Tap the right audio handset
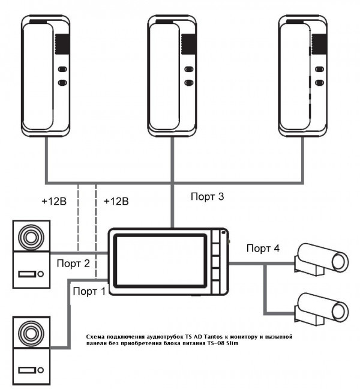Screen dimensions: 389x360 304,75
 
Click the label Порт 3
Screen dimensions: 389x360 207,196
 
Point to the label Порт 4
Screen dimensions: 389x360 262,249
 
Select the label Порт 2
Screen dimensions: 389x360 73,264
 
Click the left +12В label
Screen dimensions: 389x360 54,201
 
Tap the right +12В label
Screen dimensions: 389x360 116,201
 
